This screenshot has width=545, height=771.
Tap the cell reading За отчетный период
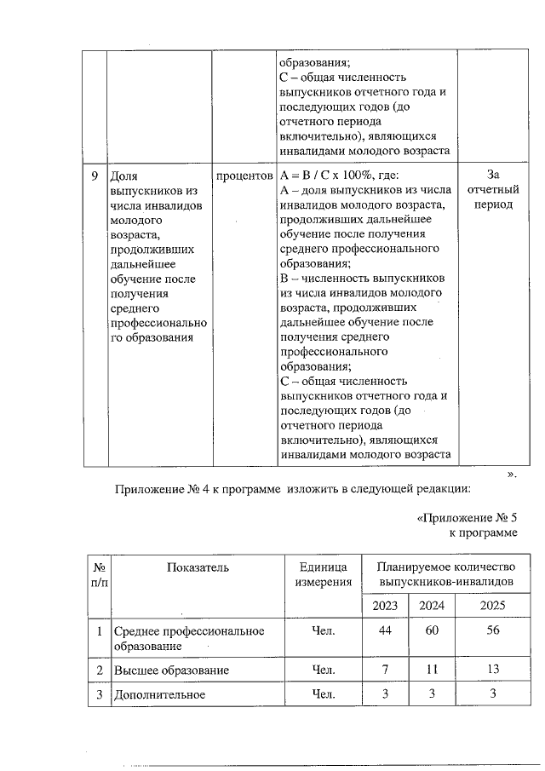pyautogui.click(x=493, y=190)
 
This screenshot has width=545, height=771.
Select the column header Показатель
pyautogui.click(x=198, y=567)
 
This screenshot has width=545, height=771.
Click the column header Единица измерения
pyautogui.click(x=323, y=574)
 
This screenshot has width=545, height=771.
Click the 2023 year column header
pyautogui.click(x=385, y=606)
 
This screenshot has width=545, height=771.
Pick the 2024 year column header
pyautogui.click(x=432, y=606)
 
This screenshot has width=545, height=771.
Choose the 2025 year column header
pyautogui.click(x=493, y=606)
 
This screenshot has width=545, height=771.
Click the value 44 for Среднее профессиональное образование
pyautogui.click(x=385, y=631)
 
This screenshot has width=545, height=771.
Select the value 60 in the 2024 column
pyautogui.click(x=432, y=631)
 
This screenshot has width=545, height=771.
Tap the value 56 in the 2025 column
pyautogui.click(x=493, y=631)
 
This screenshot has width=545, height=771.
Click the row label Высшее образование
pyautogui.click(x=171, y=670)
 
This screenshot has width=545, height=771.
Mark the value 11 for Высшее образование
pyautogui.click(x=432, y=670)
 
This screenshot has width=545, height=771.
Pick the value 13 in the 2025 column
pyautogui.click(x=493, y=670)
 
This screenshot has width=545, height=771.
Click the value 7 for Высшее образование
pyautogui.click(x=385, y=670)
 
